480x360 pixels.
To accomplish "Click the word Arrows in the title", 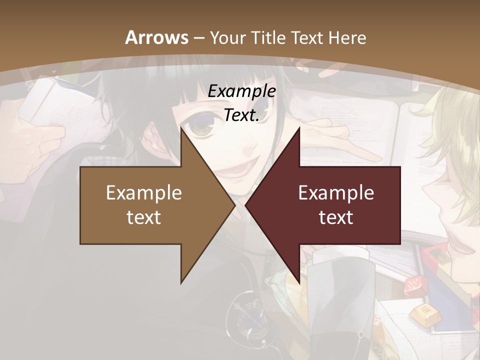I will click(x=156, y=37).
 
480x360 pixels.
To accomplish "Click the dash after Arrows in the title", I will click(x=198, y=38).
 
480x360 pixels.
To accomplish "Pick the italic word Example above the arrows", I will click(x=241, y=91).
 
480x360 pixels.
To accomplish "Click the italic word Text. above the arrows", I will click(x=241, y=115).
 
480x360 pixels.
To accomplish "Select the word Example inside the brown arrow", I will click(x=144, y=193).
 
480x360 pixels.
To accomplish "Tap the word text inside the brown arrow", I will click(x=144, y=217).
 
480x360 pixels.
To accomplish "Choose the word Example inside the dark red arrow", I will click(x=336, y=193).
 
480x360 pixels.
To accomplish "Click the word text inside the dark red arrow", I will click(x=336, y=217).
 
